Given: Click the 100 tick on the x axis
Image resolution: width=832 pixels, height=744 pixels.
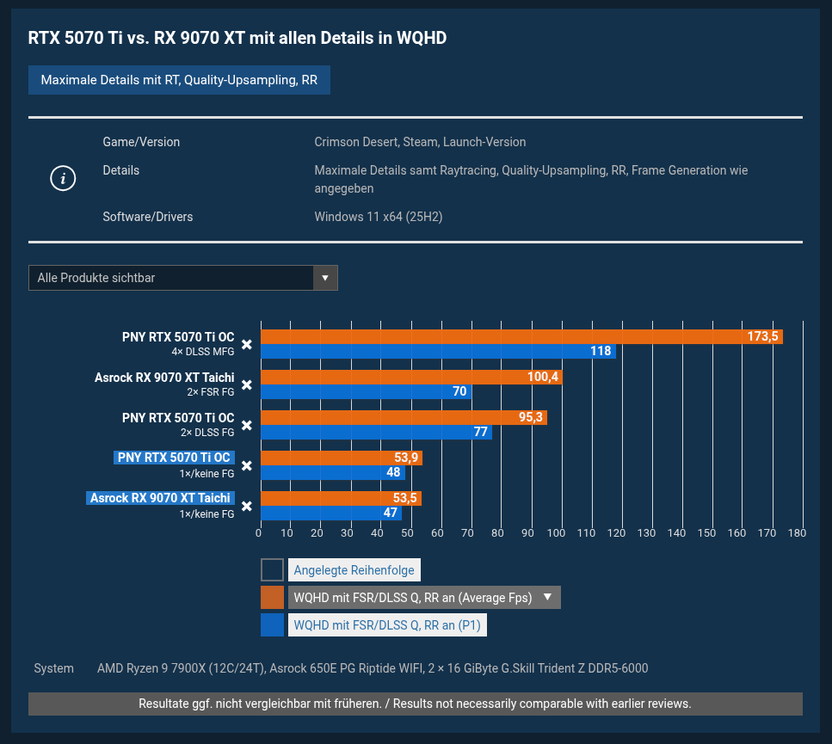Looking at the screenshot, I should (x=557, y=533).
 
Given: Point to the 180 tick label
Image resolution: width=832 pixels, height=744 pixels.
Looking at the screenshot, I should (x=797, y=533).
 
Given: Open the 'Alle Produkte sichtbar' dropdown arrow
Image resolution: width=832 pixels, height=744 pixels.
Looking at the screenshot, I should (x=325, y=278).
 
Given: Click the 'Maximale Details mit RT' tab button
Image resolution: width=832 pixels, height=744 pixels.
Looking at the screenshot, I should (x=179, y=80).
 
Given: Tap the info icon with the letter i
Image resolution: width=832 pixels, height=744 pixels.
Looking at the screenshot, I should (x=63, y=179).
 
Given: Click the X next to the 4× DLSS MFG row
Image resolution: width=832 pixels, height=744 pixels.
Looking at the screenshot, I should (x=246, y=344).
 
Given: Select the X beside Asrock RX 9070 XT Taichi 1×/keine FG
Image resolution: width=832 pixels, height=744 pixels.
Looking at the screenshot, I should (x=246, y=506).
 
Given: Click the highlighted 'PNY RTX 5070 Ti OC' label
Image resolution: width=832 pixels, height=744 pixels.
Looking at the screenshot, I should (x=174, y=458).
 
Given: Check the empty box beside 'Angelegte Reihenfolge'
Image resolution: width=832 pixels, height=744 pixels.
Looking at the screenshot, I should (x=272, y=570).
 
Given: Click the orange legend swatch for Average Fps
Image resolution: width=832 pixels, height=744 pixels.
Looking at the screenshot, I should (x=272, y=598).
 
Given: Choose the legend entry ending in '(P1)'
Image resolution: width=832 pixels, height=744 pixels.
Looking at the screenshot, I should (x=387, y=625).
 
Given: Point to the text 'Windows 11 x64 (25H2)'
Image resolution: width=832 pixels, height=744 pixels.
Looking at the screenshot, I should (x=379, y=217).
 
